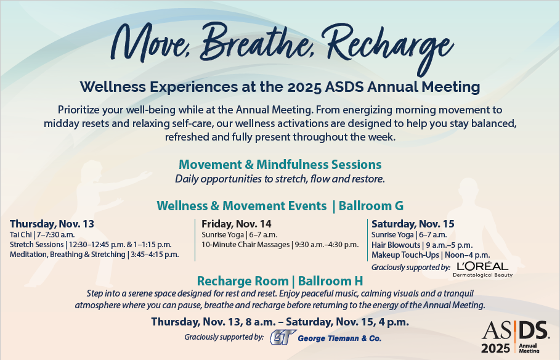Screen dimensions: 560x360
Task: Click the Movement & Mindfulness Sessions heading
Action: click(280, 165)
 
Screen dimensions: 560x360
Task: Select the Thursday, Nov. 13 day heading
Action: click(52, 224)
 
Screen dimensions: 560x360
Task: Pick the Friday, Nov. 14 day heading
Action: click(237, 224)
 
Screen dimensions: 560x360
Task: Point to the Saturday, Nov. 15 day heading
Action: click(413, 224)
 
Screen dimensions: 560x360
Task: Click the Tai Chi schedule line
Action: click(42, 234)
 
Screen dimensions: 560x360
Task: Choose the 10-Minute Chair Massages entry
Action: click(280, 245)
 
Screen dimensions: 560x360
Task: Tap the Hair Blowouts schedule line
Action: click(422, 245)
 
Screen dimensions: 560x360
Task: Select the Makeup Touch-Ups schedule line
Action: click(431, 255)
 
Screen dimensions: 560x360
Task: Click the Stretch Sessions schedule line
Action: click(91, 245)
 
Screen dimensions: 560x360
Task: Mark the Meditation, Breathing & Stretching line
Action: click(94, 255)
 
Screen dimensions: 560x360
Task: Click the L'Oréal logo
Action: click(482, 269)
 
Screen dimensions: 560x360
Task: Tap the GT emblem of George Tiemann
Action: click(283, 337)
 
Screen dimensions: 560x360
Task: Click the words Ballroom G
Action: click(371, 206)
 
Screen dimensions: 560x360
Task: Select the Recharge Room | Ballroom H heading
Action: click(280, 281)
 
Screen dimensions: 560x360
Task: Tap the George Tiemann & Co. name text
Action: click(339, 338)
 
